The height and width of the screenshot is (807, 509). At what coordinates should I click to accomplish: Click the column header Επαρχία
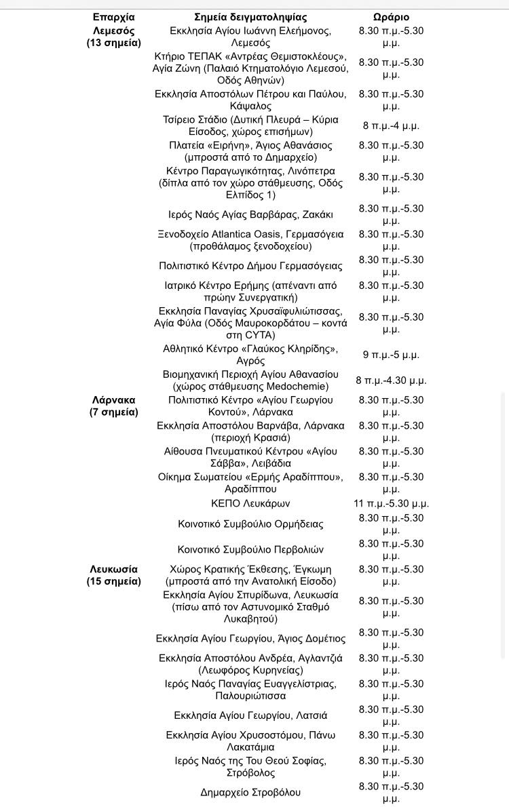(x=114, y=17)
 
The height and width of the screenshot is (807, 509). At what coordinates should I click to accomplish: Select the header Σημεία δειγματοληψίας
(x=250, y=17)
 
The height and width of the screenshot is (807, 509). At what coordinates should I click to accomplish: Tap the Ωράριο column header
(x=391, y=17)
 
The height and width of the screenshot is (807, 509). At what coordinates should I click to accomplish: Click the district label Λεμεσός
(x=114, y=31)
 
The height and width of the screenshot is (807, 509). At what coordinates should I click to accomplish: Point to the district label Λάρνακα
(x=114, y=400)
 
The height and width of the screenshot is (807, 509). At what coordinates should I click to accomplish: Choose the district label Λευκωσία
(x=114, y=570)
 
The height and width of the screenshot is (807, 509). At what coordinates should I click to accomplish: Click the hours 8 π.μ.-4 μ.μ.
(x=391, y=125)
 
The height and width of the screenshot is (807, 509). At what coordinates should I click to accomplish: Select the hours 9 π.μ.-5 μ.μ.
(x=391, y=355)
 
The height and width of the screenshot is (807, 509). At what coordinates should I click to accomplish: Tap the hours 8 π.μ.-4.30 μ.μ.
(x=391, y=380)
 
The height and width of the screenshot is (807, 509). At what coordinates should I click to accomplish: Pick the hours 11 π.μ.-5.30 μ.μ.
(x=391, y=503)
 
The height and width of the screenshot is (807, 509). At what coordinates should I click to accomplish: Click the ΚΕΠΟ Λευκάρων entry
(x=250, y=503)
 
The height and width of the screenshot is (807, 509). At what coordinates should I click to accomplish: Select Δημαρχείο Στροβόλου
(x=250, y=792)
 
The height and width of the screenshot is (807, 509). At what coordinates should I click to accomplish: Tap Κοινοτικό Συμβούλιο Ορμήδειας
(x=250, y=524)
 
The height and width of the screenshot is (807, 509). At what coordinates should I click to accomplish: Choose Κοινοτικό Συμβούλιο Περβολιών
(x=250, y=550)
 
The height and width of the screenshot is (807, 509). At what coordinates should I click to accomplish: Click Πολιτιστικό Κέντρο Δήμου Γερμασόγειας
(x=250, y=266)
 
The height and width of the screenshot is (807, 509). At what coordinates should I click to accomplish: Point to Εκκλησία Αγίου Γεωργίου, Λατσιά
(x=250, y=715)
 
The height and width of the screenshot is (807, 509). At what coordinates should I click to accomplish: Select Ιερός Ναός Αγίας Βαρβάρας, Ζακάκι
(x=250, y=215)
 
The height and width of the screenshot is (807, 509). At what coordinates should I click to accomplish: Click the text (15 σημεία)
(x=114, y=581)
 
